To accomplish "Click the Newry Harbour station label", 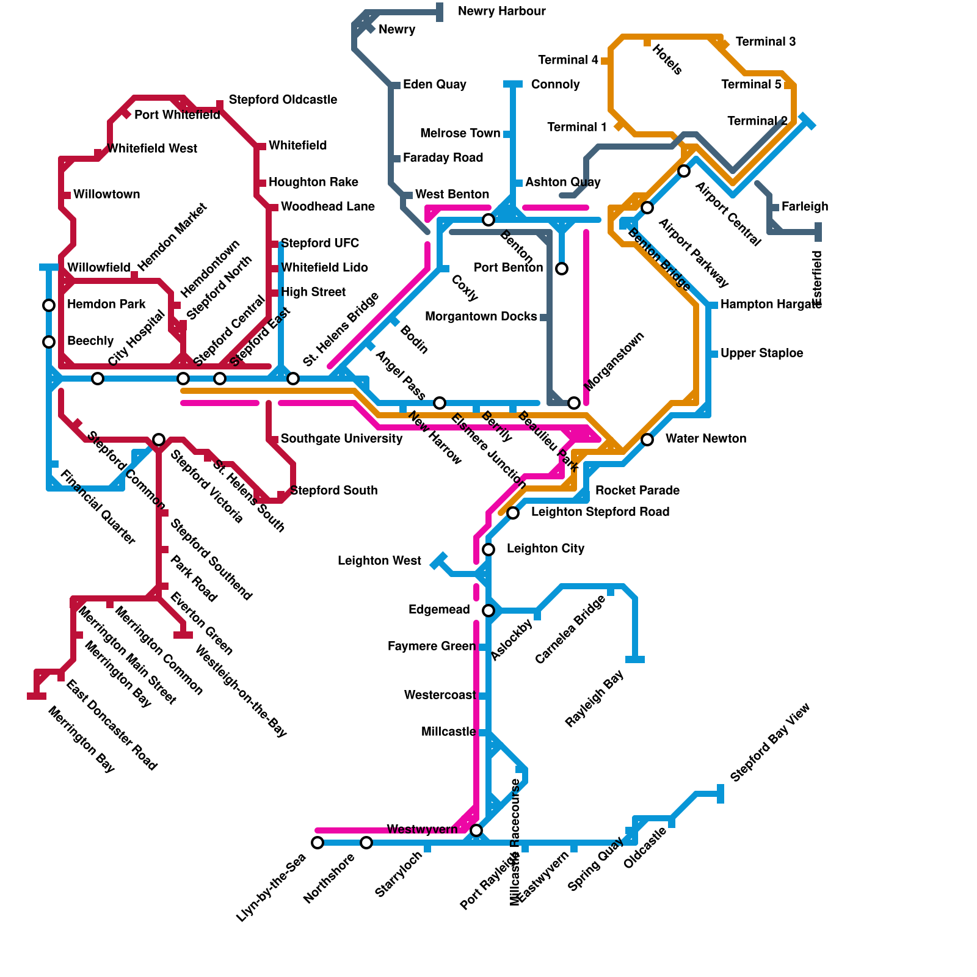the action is click(501, 12).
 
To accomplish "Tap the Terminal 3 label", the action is click(765, 42).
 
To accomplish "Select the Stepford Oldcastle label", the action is click(283, 100).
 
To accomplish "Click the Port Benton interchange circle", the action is click(562, 269).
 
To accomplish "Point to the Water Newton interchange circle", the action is click(647, 440).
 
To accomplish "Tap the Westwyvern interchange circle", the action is click(476, 830).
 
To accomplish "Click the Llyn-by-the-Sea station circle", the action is click(318, 843).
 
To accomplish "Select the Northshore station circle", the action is click(366, 843).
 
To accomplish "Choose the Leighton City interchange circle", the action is click(488, 550).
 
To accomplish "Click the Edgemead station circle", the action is click(488, 611).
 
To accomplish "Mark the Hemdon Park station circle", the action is click(49, 305).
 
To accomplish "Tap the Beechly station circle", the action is click(49, 342).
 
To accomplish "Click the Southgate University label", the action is click(341, 439).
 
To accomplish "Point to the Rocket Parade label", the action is click(637, 490).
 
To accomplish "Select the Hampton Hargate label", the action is click(771, 305).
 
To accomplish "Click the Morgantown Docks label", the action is click(481, 317).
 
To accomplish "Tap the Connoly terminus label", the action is click(555, 85).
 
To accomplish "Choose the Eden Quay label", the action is click(434, 85).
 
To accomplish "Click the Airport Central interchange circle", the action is click(684, 171).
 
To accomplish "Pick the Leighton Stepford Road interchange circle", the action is click(513, 513).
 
